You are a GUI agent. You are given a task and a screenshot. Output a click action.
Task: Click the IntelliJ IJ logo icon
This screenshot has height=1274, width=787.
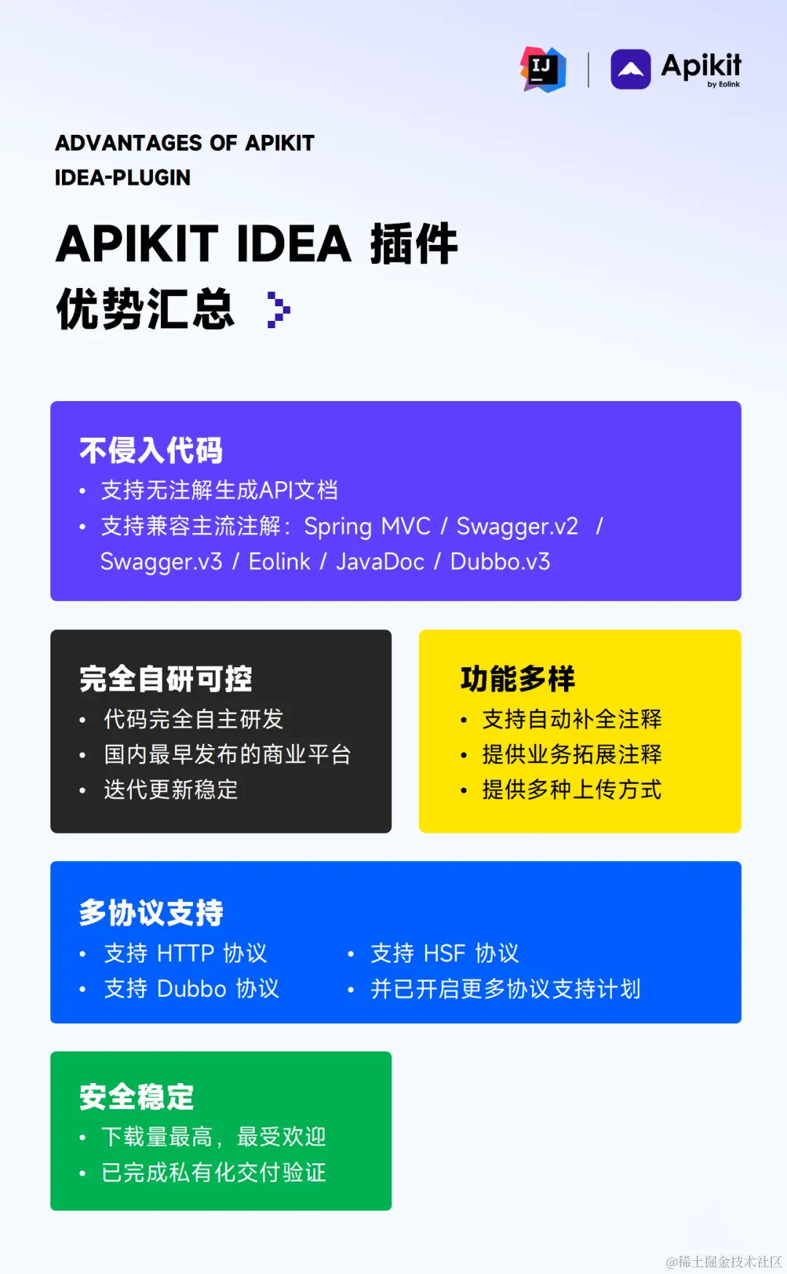coord(543,69)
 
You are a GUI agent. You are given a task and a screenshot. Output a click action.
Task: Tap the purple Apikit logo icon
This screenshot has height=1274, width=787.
coord(630,69)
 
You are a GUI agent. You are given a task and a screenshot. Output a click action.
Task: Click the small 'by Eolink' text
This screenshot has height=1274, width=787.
coord(723,85)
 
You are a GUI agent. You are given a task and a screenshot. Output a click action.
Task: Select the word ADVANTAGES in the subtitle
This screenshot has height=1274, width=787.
coord(128,143)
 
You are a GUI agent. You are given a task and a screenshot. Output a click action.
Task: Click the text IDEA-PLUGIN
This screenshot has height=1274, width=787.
coord(122,177)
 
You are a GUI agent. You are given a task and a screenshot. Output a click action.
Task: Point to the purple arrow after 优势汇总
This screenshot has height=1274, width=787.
coord(278,310)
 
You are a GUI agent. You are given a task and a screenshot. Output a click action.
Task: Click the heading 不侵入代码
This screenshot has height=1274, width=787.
coord(151,451)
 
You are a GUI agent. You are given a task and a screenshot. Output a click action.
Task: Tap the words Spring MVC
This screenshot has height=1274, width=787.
coord(367,527)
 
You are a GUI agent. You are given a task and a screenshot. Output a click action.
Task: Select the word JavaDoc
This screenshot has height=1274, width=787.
coord(380,562)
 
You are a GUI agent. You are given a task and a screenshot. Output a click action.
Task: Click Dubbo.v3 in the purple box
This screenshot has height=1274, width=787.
coord(500,562)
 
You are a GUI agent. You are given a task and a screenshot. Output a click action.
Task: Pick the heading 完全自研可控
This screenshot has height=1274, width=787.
coord(165,679)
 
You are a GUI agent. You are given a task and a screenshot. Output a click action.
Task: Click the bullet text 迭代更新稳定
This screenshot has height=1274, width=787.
coord(171,790)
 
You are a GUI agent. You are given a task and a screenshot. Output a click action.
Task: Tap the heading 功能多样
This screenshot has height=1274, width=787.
coord(517,679)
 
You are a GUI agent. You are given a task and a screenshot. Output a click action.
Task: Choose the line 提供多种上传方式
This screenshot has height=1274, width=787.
coord(571,790)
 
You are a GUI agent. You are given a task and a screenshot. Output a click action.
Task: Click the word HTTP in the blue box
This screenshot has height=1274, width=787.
coord(186,953)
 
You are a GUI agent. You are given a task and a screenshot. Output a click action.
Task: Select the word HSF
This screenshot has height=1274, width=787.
coord(444,953)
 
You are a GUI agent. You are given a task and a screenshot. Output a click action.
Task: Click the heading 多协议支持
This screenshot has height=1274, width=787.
coord(151,912)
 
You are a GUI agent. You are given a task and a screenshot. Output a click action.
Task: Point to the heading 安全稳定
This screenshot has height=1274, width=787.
coord(136,1097)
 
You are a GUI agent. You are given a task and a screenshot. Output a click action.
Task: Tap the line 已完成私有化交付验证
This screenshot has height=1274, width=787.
coord(214,1173)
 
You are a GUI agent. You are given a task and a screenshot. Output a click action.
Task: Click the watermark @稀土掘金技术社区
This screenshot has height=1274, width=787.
coord(724,1262)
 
